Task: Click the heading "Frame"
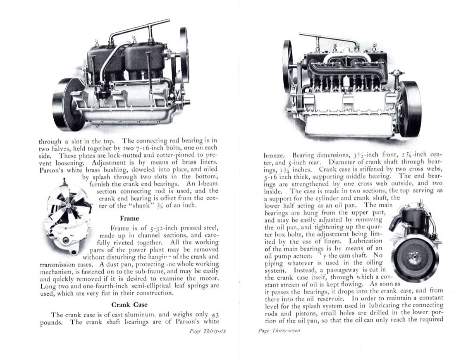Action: point(129,218)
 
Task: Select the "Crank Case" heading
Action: point(129,305)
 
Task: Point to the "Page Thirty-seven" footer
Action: point(279,331)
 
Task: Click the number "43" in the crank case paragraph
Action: point(215,315)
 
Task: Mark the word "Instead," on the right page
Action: point(281,270)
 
